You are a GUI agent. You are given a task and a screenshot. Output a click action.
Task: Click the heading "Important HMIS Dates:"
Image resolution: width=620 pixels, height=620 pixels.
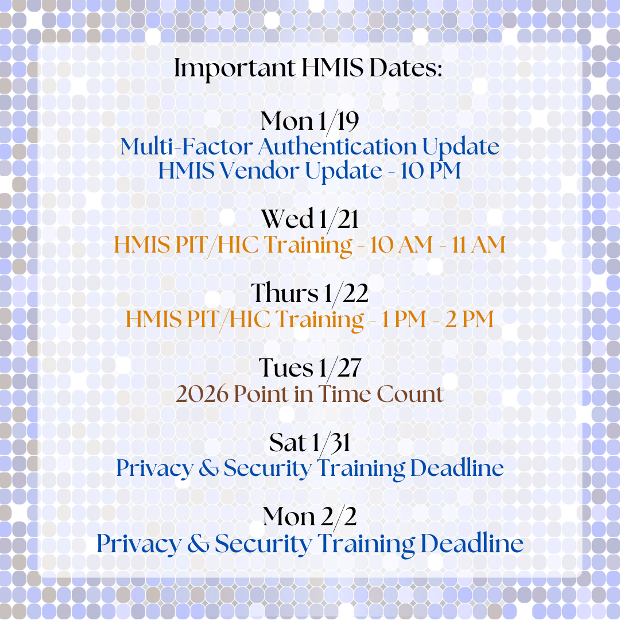point(308,68)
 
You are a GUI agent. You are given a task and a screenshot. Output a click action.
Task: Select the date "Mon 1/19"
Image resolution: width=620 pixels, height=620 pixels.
point(309,121)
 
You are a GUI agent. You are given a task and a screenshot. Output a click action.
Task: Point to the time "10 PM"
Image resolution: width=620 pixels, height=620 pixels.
point(431,171)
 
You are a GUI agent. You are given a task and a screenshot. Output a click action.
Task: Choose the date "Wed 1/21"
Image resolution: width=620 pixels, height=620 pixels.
point(309,219)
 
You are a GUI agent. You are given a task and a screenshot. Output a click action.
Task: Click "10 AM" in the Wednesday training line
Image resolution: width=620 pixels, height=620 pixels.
point(401,245)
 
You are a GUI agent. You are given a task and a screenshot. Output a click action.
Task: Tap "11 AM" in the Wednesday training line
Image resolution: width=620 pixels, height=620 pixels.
point(478,245)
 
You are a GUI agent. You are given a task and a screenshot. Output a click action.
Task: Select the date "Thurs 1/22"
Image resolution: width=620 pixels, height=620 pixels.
point(309,293)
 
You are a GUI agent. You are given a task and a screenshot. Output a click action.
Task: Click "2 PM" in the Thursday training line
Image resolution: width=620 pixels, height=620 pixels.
point(470,319)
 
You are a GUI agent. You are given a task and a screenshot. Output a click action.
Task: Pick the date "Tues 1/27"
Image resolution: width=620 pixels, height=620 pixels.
point(309,368)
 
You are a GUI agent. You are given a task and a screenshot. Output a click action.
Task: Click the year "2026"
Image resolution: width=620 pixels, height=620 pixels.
point(202,394)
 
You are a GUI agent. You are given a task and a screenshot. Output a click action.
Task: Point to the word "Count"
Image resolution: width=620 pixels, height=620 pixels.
point(410,394)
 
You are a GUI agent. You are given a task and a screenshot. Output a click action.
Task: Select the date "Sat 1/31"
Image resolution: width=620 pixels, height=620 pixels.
point(309,443)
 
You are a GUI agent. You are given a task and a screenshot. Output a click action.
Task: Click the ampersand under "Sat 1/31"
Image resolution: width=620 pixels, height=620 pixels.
point(208,468)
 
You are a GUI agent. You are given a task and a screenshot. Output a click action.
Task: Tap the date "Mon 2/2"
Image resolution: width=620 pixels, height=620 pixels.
point(309,517)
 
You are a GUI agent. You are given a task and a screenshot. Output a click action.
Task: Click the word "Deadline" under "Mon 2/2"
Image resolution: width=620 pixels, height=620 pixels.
point(472,544)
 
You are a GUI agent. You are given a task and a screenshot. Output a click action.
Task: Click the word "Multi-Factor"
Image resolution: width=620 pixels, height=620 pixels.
point(187,147)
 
